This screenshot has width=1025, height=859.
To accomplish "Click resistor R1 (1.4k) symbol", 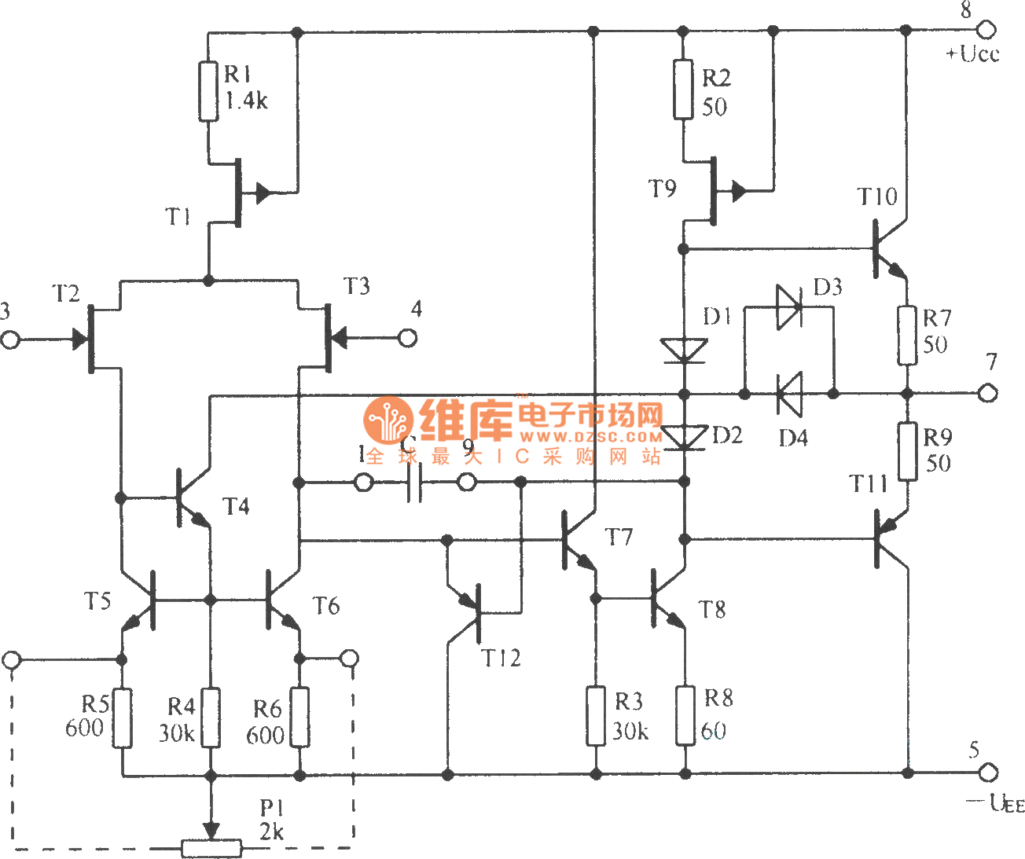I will click(x=208, y=91).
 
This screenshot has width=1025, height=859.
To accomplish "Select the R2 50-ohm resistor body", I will click(x=683, y=89).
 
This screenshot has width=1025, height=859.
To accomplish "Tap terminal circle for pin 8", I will click(x=986, y=30).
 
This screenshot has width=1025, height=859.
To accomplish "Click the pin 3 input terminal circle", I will click(x=10, y=340).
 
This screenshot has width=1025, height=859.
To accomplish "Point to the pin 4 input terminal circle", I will click(x=407, y=339).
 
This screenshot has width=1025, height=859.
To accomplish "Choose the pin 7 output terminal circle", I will click(x=988, y=392).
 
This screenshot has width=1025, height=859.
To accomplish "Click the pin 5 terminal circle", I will click(x=988, y=773).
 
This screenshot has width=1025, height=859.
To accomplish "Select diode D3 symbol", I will click(x=788, y=307).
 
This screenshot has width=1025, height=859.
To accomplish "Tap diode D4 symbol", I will click(x=788, y=393).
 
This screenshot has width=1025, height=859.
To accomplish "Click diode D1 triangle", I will click(x=683, y=351).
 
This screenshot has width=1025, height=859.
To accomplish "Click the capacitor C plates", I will click(x=415, y=482).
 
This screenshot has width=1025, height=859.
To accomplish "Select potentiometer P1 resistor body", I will click(x=211, y=848).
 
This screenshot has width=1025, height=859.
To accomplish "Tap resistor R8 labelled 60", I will click(x=685, y=715).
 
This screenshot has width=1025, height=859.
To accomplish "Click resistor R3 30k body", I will click(x=596, y=715).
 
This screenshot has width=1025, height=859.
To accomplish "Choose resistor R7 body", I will click(x=907, y=336).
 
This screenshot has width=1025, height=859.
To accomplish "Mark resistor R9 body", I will click(x=907, y=452).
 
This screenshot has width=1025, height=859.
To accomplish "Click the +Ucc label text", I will click(x=972, y=54).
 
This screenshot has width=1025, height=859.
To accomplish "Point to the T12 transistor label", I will click(x=501, y=658).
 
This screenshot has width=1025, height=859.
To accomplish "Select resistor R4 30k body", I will click(x=210, y=718).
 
